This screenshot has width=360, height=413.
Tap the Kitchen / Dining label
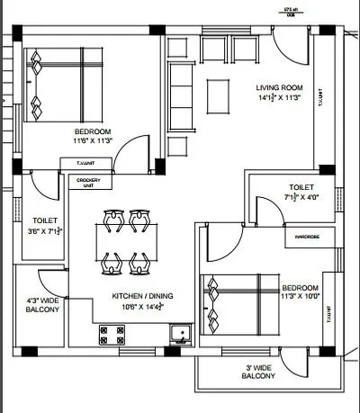coord(142,295)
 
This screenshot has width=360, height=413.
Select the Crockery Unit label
coord(88,183)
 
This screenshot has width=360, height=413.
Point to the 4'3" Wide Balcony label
coord(42,305)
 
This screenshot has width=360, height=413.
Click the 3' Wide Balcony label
coord(265,372)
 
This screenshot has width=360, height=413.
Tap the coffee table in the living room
coord(218,94)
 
